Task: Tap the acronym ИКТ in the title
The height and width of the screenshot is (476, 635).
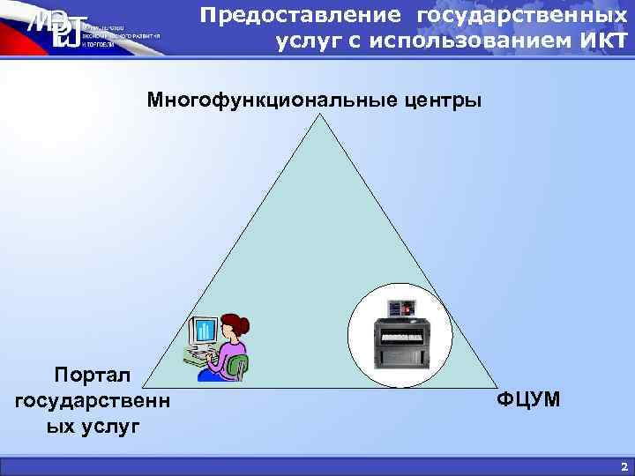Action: [601, 42]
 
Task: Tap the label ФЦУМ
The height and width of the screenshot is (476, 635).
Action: [527, 401]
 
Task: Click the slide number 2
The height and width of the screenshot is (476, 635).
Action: [624, 466]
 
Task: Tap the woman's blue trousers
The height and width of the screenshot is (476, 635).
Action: [212, 373]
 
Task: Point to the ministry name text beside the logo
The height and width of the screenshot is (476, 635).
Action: [119, 34]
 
